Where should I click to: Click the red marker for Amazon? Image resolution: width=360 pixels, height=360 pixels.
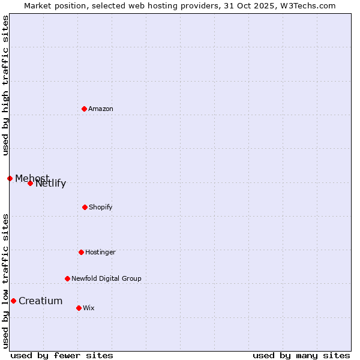(x=84, y=109)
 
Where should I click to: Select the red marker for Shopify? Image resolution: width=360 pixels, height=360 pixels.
(x=85, y=207)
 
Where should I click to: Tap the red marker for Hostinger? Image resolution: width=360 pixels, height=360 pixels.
(x=81, y=252)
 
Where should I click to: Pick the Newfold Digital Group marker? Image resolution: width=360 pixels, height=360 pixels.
(x=67, y=278)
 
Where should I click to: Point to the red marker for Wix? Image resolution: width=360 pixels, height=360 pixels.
(x=79, y=308)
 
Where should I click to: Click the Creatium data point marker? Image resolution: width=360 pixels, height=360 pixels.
(x=13, y=301)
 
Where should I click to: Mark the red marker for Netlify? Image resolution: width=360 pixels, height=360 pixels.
(x=30, y=183)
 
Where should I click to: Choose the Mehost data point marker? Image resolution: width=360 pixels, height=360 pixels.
(x=10, y=178)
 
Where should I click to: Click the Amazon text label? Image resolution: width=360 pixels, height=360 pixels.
(x=101, y=109)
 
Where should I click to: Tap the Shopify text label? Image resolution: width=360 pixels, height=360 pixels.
(x=101, y=207)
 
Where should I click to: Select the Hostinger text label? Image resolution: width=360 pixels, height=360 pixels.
(x=100, y=252)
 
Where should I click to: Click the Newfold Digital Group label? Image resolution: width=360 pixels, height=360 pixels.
(x=106, y=278)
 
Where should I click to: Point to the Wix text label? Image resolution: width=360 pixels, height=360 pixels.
(x=89, y=308)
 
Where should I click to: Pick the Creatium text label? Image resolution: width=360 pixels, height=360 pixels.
(x=40, y=301)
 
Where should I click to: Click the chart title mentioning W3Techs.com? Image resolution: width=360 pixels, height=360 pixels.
(x=180, y=5)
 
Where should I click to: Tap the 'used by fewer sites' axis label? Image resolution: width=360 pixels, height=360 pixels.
(x=62, y=355)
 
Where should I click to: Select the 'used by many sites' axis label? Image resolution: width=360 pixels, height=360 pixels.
(x=301, y=355)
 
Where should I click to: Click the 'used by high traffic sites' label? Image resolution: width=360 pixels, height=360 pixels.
(x=5, y=85)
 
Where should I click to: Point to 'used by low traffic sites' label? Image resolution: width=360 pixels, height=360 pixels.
(x=5, y=281)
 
